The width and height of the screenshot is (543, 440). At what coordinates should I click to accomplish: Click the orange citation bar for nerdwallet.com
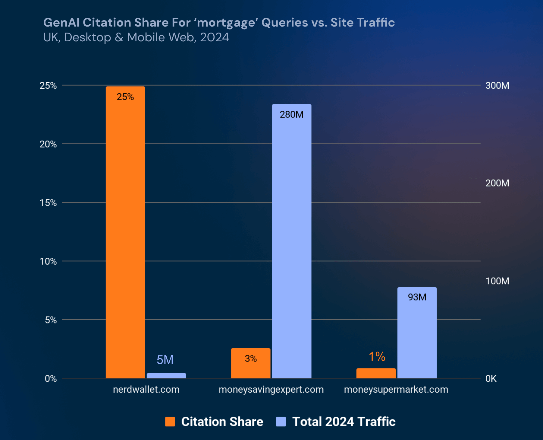(125, 232)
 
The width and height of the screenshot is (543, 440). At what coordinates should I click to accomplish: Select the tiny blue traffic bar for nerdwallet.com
(166, 375)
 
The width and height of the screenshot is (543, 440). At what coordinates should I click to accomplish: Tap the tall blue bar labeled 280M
(291, 241)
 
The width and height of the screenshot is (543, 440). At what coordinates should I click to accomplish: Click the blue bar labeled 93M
(417, 332)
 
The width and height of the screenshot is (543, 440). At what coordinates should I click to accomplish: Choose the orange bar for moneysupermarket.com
(376, 373)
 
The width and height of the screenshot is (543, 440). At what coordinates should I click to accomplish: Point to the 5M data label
(165, 360)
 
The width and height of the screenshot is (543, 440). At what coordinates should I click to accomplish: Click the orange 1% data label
(377, 356)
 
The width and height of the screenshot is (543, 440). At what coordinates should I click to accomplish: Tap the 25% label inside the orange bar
(125, 97)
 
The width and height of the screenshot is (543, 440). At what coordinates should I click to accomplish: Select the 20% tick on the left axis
(48, 144)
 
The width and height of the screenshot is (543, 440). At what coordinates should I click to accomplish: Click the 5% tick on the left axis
(51, 320)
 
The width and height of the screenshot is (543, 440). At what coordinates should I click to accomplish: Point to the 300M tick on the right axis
(497, 85)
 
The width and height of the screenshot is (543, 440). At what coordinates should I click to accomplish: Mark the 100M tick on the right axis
(497, 281)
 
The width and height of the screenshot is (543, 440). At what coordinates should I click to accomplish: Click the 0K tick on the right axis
(491, 379)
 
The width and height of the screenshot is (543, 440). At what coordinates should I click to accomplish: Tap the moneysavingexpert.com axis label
(271, 390)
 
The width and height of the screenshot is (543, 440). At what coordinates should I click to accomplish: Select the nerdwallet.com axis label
(146, 390)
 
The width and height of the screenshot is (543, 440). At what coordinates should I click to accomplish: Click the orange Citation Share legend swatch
(170, 422)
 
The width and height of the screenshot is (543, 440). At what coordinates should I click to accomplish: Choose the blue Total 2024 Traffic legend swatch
(281, 422)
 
